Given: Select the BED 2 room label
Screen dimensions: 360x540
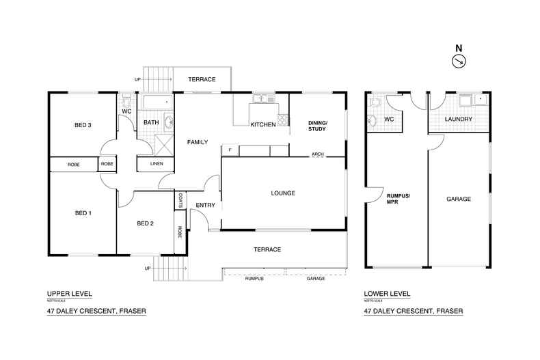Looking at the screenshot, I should click(144, 223).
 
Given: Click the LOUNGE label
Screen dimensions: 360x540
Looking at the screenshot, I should click(282, 193).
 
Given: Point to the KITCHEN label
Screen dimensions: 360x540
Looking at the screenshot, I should click(262, 125).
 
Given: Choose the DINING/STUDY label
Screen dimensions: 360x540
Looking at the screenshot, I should click(318, 125).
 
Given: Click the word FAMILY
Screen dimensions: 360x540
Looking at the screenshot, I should click(198, 142).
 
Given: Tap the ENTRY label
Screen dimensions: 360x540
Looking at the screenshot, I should click(206, 206).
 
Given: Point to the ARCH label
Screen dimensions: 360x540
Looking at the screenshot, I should click(318, 154).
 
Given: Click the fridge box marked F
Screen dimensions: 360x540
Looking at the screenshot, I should click(230, 150).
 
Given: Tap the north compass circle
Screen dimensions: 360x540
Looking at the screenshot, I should click(459, 61).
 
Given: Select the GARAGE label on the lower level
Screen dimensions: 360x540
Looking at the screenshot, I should click(459, 199).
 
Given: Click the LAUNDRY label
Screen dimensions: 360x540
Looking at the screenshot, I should click(459, 120).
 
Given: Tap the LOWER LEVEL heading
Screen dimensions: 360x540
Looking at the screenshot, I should click(387, 294).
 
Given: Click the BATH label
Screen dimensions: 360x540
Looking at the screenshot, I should click(151, 123).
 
